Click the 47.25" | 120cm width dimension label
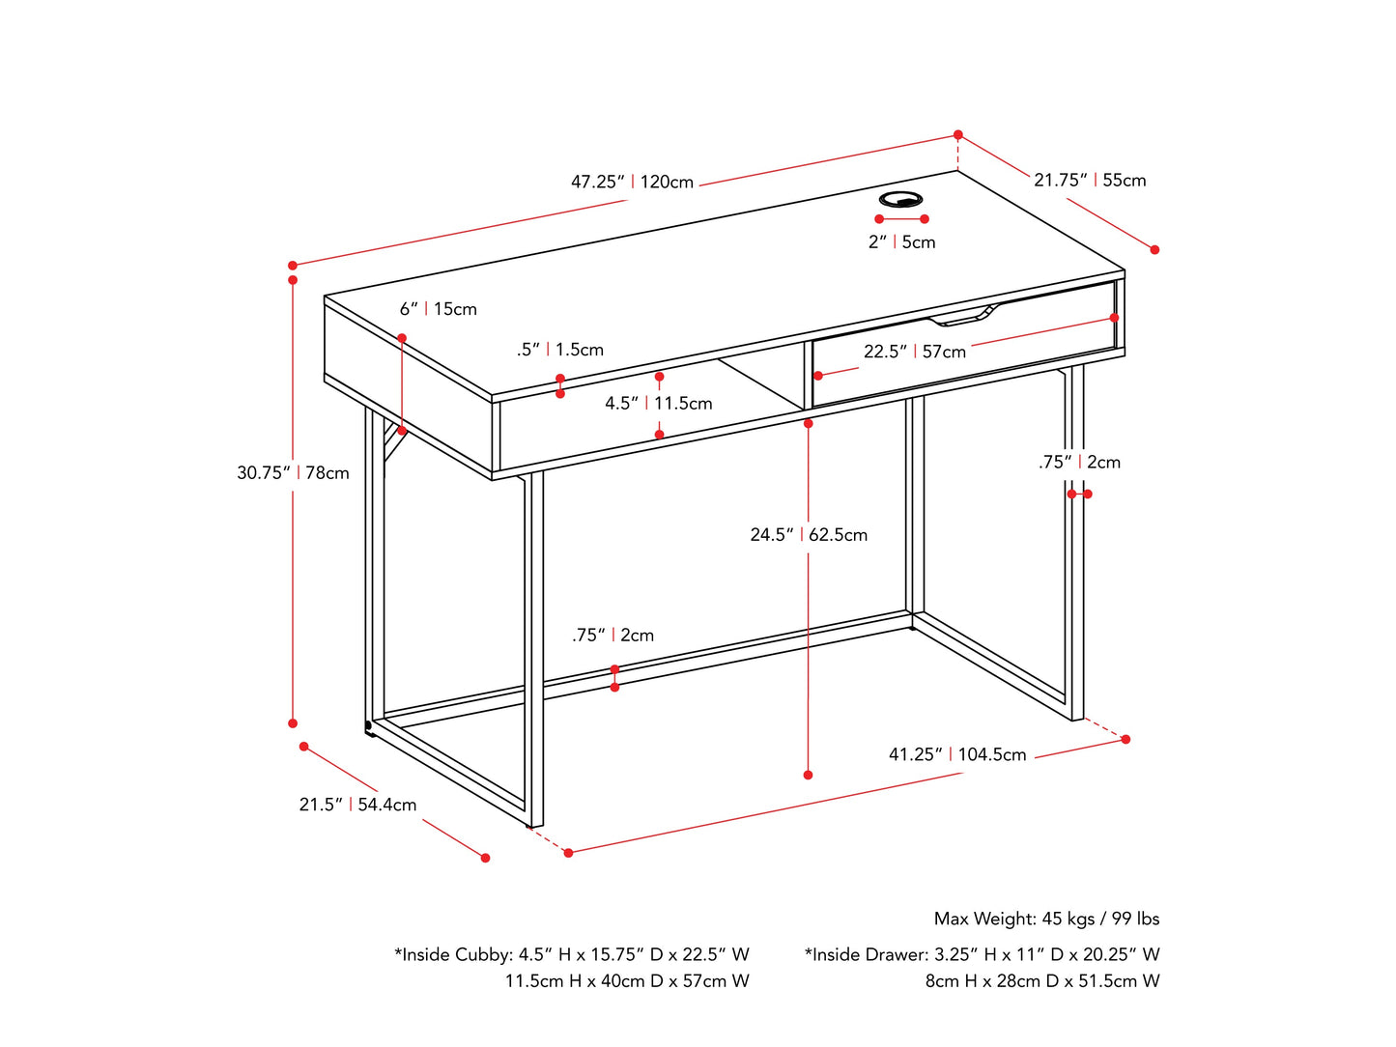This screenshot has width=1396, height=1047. click(632, 182)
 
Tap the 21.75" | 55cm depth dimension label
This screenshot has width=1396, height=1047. click(1090, 180)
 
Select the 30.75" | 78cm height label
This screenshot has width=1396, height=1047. click(293, 472)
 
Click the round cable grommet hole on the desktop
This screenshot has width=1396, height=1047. click(900, 200)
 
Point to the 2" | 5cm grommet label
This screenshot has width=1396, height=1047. click(901, 241)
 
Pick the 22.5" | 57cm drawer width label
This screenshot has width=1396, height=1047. click(914, 352)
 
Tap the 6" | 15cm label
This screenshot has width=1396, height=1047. click(439, 309)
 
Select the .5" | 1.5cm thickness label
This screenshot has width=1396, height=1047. click(559, 350)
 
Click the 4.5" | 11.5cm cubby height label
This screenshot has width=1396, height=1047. click(659, 403)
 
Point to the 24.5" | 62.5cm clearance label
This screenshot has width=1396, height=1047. click(809, 534)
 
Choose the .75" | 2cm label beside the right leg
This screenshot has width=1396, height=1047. click(1079, 462)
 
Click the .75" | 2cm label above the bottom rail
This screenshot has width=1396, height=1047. click(613, 635)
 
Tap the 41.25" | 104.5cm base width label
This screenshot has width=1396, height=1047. click(957, 754)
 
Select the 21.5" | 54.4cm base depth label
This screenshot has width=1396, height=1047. click(357, 805)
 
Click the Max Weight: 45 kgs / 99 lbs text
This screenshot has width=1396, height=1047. click(1046, 919)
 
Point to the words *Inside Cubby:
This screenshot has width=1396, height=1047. click(453, 954)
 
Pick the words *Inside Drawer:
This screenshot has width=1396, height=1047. click(867, 954)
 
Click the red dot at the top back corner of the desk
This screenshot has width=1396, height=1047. click(958, 135)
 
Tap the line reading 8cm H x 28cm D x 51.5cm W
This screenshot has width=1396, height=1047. click(1042, 980)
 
